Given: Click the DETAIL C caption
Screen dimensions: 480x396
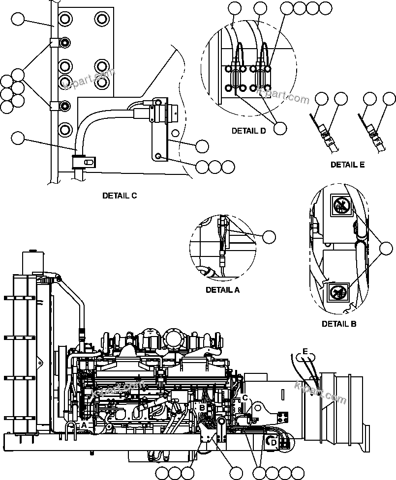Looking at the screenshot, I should pyautogui.click(x=120, y=196).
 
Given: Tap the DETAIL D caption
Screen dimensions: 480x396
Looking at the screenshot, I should pyautogui.click(x=248, y=131).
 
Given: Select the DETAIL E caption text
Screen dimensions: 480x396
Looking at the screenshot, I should pyautogui.click(x=347, y=165).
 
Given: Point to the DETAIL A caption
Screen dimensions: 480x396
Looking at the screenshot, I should pyautogui.click(x=222, y=290).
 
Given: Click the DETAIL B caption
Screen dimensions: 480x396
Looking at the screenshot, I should pyautogui.click(x=339, y=324).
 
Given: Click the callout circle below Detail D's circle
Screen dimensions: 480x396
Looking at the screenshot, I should pyautogui.click(x=280, y=128).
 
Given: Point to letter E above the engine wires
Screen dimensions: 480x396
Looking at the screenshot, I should pyautogui.click(x=305, y=352).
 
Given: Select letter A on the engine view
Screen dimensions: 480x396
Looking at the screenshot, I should pyautogui.click(x=84, y=424).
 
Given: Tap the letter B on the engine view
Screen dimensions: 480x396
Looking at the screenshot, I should pyautogui.click(x=201, y=407).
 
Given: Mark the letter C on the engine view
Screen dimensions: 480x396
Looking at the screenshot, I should pyautogui.click(x=244, y=397).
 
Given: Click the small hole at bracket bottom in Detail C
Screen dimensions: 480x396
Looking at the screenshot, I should pyautogui.click(x=158, y=156).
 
